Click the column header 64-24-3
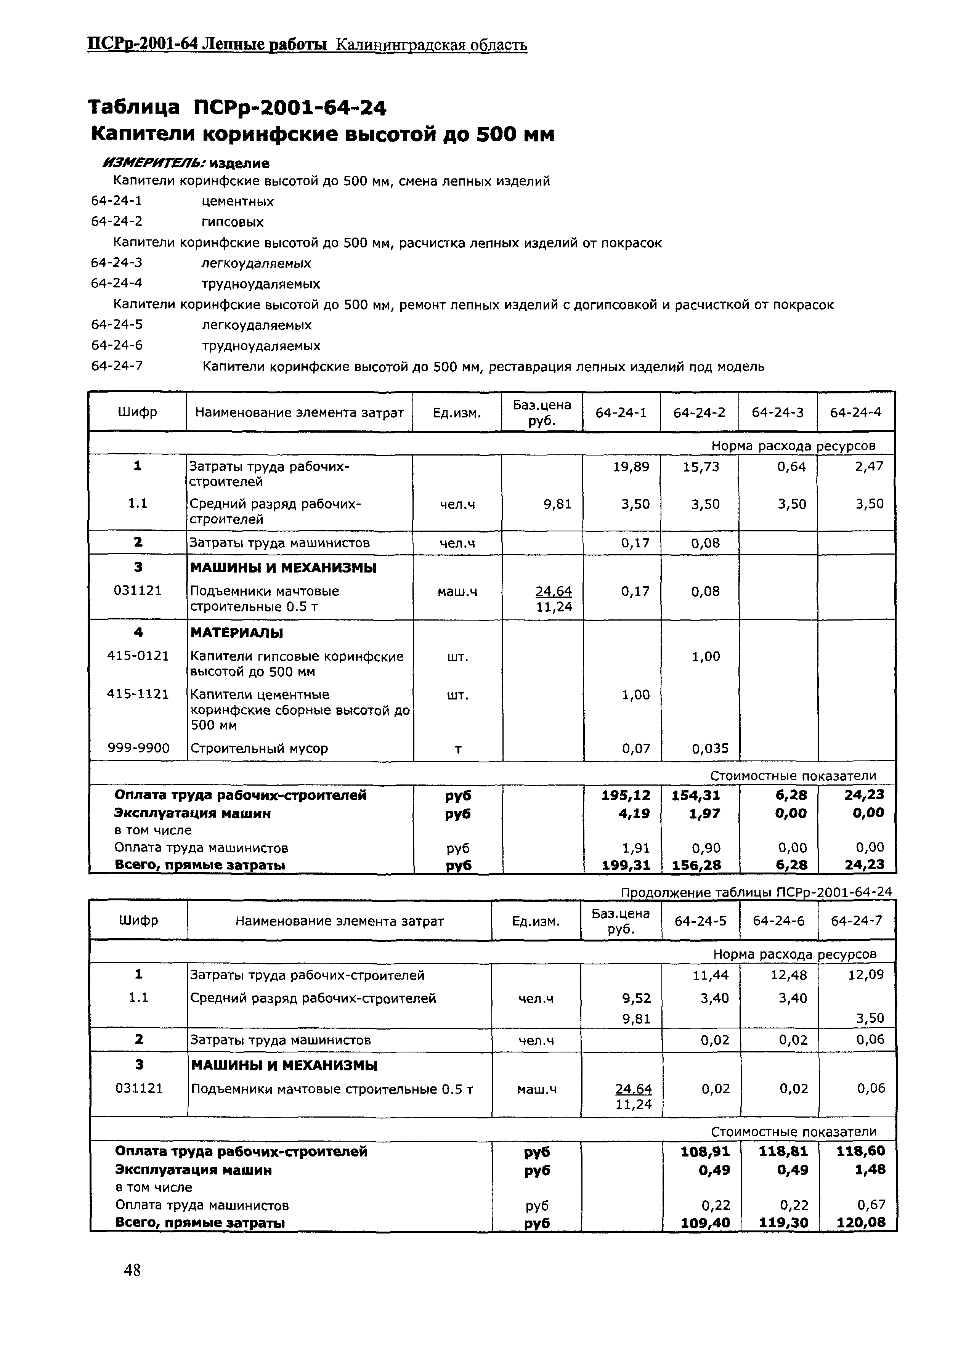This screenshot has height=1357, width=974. click(777, 412)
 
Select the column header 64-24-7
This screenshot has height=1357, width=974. click(856, 921)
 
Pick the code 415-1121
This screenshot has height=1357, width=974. click(138, 694)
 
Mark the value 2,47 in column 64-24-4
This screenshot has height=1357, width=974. click(869, 467)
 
